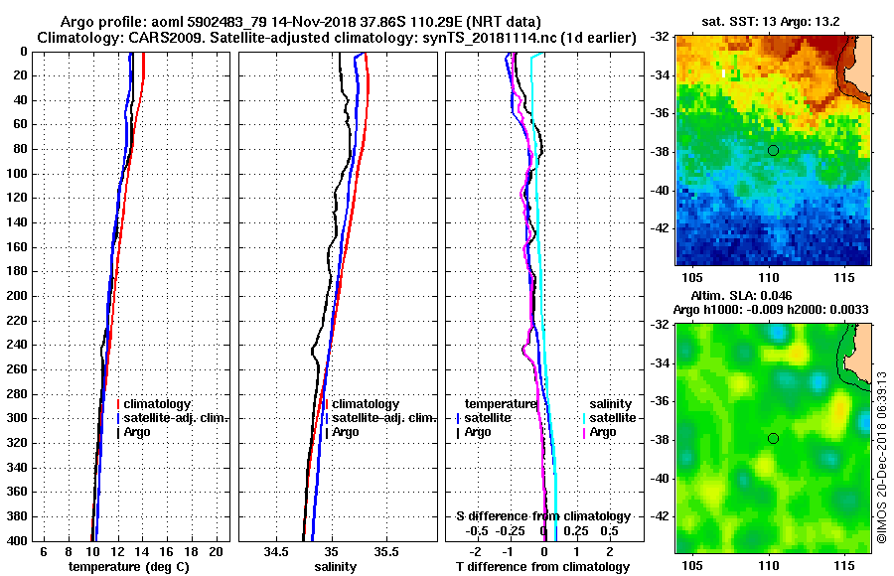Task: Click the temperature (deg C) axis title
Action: coord(128,567)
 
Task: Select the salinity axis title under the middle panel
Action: coord(335,567)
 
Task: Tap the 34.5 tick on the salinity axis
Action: coord(277,551)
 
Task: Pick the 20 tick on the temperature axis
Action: coord(214,551)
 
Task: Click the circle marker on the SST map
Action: coord(773,150)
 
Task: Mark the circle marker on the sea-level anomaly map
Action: coord(773,438)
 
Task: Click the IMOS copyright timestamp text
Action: coord(881,457)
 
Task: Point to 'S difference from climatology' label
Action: coord(542,516)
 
